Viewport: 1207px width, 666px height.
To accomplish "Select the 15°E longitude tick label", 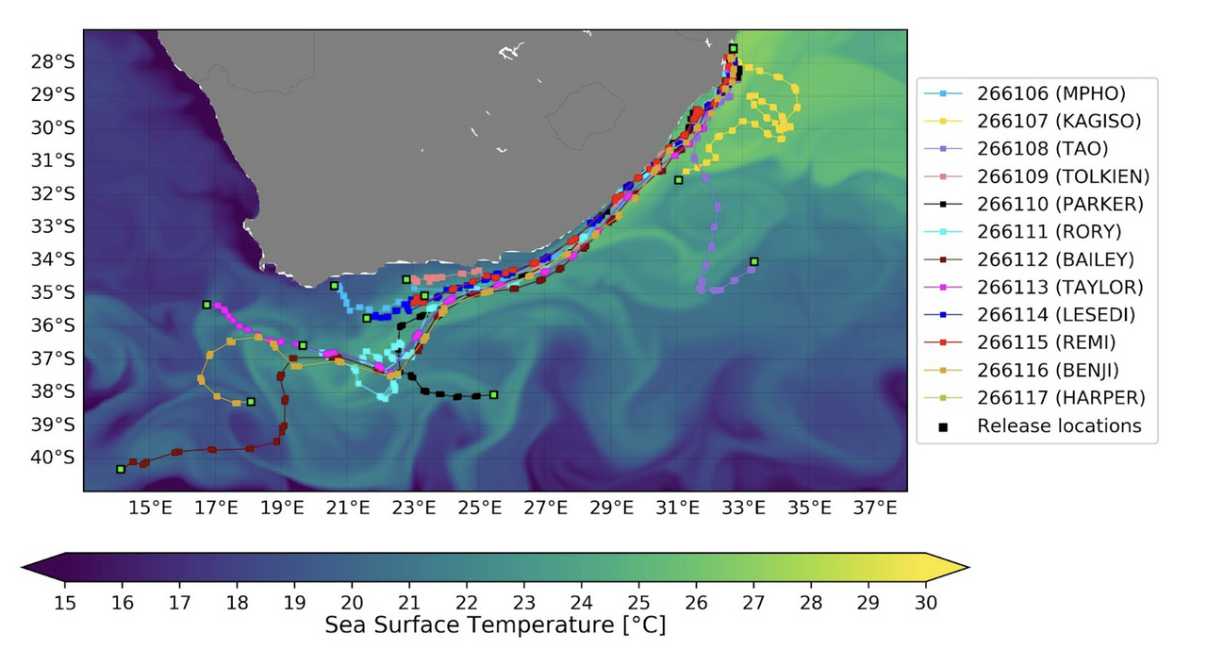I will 150,508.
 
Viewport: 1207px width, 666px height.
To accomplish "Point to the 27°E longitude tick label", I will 545,508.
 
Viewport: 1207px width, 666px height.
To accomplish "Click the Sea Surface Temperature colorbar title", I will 495,625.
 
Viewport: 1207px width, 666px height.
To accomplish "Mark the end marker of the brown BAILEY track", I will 121,469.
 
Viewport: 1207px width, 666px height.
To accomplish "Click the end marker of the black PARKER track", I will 493,394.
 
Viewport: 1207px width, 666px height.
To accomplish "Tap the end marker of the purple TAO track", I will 753,261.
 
